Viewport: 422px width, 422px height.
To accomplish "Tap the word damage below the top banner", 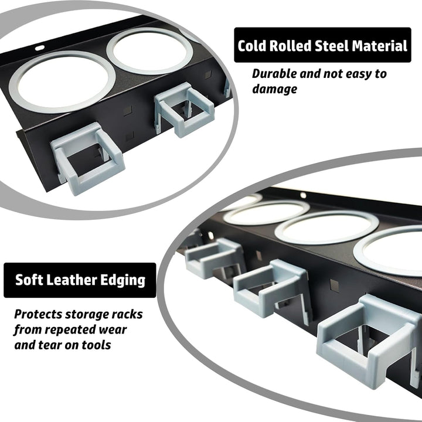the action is [x=274, y=89].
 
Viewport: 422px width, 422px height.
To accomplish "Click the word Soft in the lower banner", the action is [x=28, y=280].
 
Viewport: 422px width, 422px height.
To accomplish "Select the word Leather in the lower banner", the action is [x=70, y=280].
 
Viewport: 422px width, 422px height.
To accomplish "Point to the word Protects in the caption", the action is [x=38, y=314].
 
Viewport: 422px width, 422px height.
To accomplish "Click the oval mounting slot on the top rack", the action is [x=40, y=48].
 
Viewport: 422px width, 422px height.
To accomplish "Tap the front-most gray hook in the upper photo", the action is [x=87, y=158].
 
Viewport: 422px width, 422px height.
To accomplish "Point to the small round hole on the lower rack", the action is [x=303, y=195].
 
